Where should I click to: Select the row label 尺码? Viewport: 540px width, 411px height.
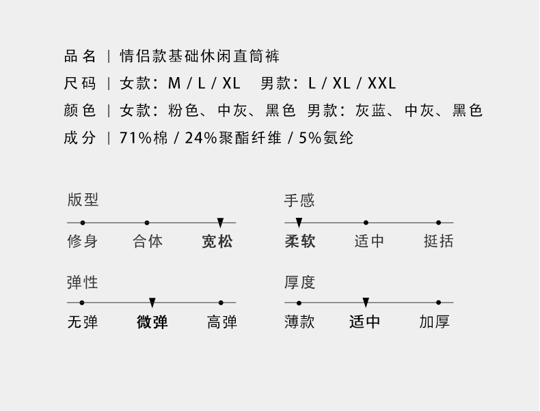(x=80, y=84)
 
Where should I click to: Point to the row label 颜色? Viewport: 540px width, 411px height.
(x=80, y=111)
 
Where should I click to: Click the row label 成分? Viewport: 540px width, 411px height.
(x=80, y=138)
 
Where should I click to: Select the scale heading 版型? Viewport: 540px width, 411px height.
(x=83, y=200)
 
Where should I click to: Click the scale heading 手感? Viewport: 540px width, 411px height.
(x=299, y=200)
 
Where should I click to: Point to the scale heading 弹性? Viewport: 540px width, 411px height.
(x=83, y=281)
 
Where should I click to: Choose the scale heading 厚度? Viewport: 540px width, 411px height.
(x=299, y=281)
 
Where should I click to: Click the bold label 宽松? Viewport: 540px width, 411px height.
(x=217, y=242)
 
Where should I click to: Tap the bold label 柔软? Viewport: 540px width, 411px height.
(x=300, y=242)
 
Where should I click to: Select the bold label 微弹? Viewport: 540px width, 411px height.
(x=152, y=322)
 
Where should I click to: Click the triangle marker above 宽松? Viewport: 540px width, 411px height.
(x=220, y=223)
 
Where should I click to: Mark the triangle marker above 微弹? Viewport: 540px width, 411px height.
(x=152, y=302)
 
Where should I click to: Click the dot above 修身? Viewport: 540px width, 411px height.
(x=83, y=223)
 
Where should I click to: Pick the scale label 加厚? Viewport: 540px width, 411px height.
(x=435, y=322)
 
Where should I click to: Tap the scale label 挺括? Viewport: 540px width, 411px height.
(x=438, y=242)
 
